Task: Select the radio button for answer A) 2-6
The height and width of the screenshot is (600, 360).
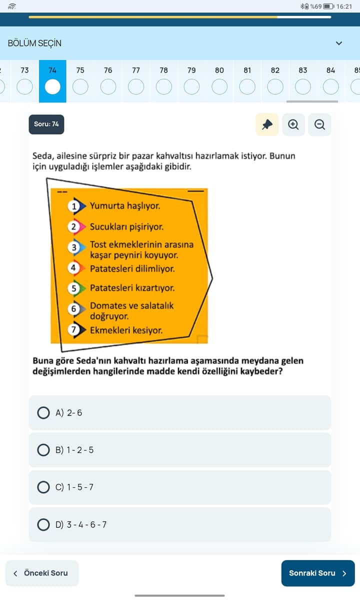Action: [x=43, y=413]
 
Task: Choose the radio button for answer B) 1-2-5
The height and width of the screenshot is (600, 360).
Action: [x=43, y=450]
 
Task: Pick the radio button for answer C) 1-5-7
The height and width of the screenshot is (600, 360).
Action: [x=43, y=487]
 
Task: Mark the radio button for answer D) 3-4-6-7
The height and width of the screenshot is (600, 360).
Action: [x=43, y=524]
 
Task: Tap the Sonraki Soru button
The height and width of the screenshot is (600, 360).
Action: [x=318, y=573]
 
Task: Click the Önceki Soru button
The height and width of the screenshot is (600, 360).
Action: [x=42, y=573]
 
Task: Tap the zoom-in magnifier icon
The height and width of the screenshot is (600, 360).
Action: [x=293, y=124]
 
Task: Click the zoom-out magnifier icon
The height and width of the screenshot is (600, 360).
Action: [x=319, y=124]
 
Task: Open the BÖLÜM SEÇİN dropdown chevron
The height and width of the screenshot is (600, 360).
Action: [x=339, y=43]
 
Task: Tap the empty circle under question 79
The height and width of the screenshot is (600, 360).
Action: [x=191, y=87]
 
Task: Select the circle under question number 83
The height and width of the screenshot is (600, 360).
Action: [x=303, y=87]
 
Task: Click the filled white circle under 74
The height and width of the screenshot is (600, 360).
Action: [x=52, y=87]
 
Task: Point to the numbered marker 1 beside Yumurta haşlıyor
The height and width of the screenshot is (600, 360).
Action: [x=73, y=206]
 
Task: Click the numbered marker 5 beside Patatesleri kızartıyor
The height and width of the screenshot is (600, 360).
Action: [x=73, y=288]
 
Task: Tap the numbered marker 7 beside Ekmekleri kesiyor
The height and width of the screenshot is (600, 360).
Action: [x=73, y=329]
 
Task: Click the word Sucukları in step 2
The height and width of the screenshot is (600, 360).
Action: [x=108, y=227]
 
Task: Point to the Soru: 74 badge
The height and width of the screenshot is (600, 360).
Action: [x=46, y=124]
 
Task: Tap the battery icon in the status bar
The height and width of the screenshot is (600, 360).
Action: [x=328, y=6]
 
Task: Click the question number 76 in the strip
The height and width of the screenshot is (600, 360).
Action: [x=108, y=70]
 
